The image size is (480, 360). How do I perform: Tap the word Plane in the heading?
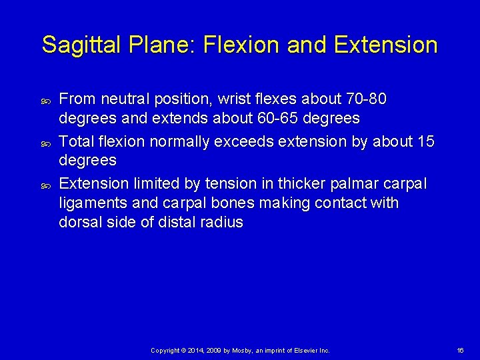159,45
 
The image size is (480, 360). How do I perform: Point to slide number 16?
461,350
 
